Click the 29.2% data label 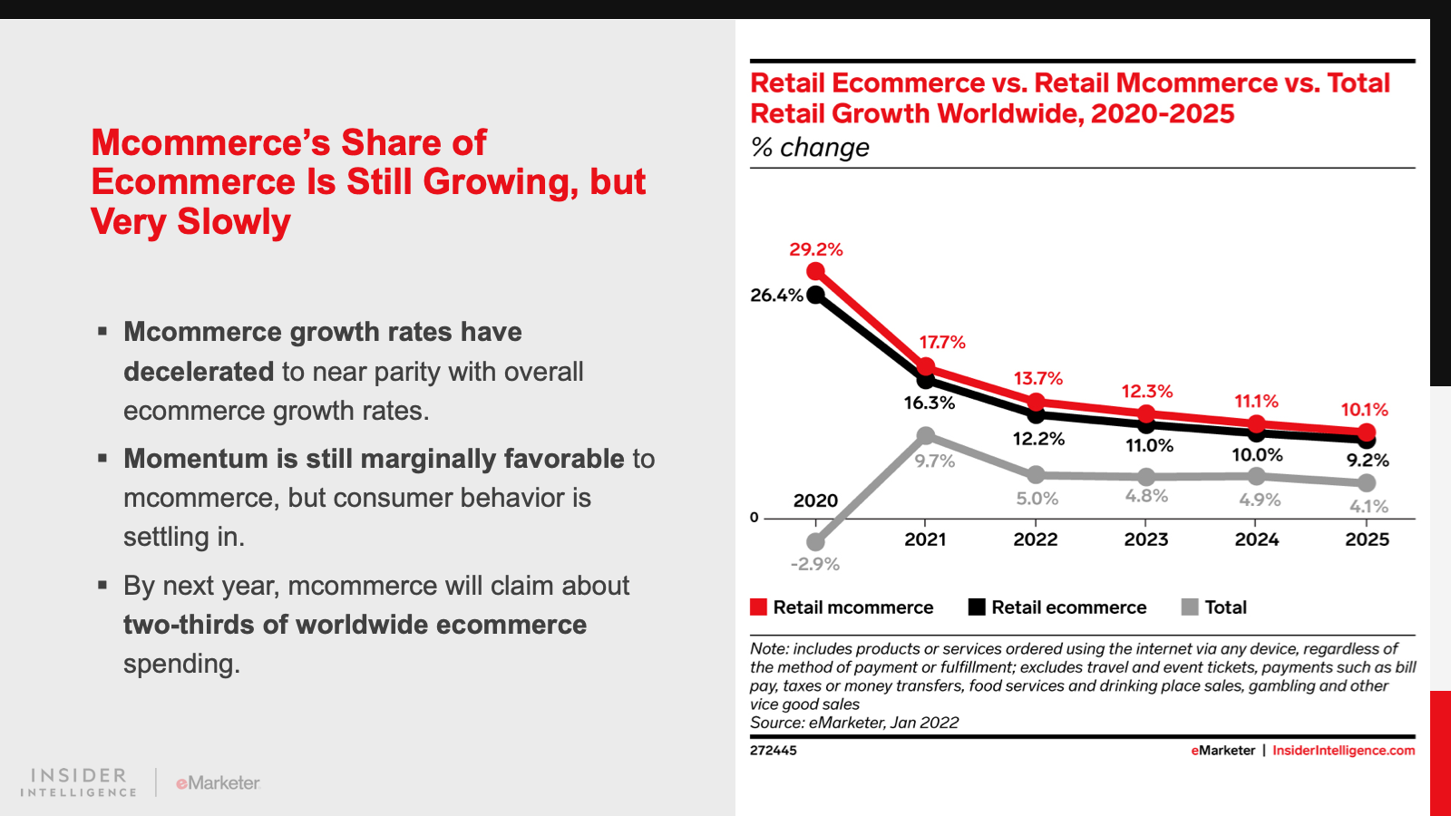point(815,249)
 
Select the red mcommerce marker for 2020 point(815,271)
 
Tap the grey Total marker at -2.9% point(815,542)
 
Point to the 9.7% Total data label point(934,461)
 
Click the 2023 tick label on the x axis point(1145,539)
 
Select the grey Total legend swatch point(1190,607)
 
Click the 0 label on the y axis point(754,518)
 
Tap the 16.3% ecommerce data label point(929,403)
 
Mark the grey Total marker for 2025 point(1367,483)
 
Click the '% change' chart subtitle point(810,147)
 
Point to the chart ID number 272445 point(773,751)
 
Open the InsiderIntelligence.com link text point(1343,751)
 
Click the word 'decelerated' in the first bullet point(199,372)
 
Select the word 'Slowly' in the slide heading point(234,222)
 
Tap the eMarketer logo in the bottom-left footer point(218,782)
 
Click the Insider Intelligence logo point(79,782)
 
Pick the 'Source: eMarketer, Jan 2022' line point(853,723)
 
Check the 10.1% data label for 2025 point(1364,410)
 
